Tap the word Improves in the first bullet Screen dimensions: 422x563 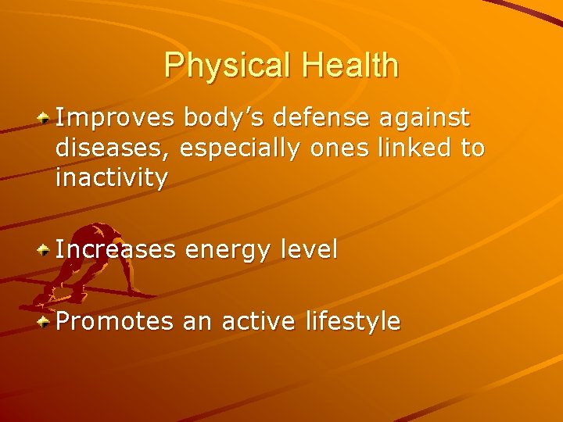(115, 118)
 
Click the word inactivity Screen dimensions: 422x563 (111, 178)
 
